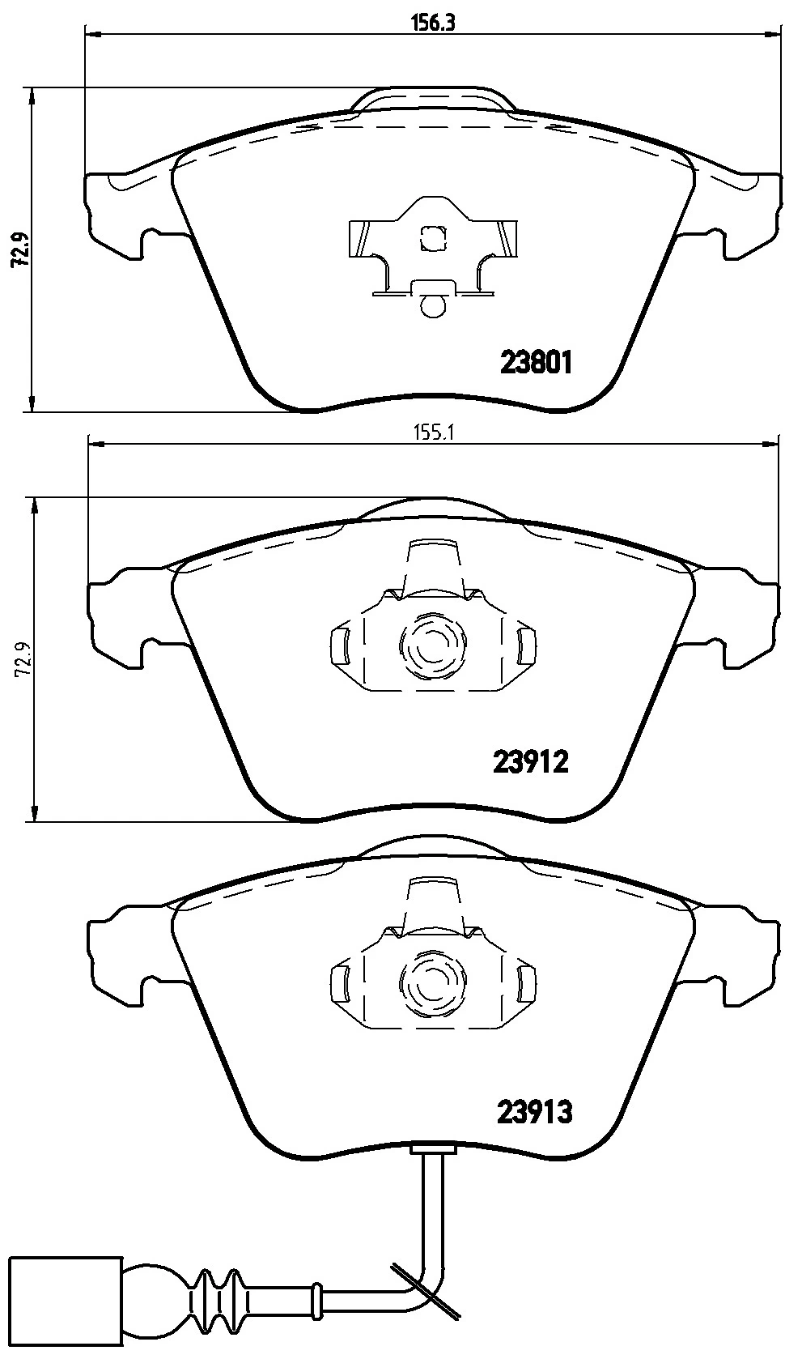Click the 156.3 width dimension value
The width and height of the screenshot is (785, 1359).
tap(433, 23)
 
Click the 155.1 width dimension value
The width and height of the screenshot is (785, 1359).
tap(434, 432)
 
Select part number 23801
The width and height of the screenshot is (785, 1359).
tap(536, 363)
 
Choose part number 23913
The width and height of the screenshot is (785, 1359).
tap(535, 1112)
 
